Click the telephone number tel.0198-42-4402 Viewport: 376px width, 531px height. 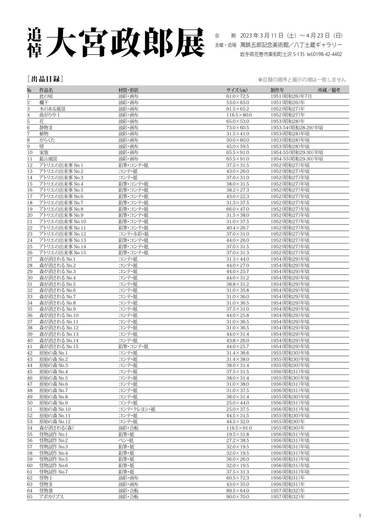pos(325,54)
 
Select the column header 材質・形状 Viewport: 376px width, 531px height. pos(129,90)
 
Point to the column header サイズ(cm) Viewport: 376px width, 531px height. pos(237,90)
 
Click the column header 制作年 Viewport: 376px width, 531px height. pos(277,90)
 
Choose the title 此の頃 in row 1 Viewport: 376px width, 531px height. pos(46,96)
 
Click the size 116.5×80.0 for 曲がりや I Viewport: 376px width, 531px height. pos(239,115)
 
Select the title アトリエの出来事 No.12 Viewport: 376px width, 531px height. pos(63,234)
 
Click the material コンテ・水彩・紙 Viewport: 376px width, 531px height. pos(134,234)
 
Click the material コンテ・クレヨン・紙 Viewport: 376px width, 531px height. pos(137,409)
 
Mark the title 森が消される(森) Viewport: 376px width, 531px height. pos(56,428)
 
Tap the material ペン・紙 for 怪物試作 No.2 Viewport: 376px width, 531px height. pos(126,440)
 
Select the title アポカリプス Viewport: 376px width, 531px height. pos(51,497)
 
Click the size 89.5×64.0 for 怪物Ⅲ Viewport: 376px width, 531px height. pos(238,490)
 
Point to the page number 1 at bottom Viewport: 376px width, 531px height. pos(360,516)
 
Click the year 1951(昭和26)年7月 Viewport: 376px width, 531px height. pos(291,96)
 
